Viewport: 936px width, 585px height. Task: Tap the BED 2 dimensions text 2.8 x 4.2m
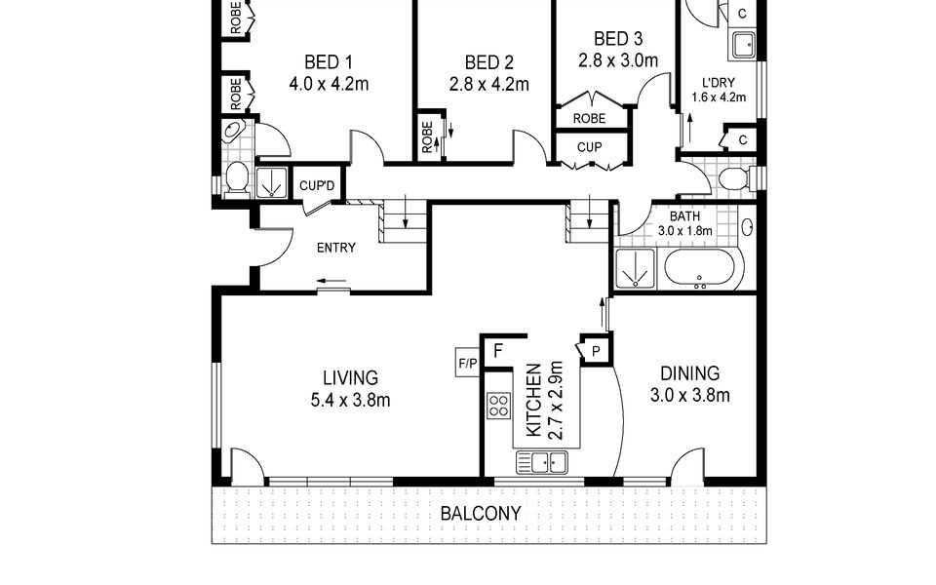coord(488,84)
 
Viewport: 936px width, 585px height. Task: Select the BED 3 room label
coord(618,39)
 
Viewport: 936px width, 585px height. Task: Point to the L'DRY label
coord(718,83)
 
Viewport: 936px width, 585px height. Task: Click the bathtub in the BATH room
coord(703,268)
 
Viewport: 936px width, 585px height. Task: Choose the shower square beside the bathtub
coord(638,268)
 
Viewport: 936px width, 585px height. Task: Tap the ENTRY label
coord(335,247)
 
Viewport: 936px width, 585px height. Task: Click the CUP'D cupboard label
coord(317,185)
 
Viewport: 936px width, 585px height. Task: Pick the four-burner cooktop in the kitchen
coord(498,406)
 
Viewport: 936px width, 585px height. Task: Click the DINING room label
coord(689,373)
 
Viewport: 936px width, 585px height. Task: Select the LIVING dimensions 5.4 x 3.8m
coord(351,400)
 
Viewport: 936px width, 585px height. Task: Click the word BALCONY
coord(480,513)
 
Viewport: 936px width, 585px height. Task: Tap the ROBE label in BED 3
coord(589,118)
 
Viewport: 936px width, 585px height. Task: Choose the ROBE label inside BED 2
coord(427,137)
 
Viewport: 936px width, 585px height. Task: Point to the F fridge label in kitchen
coord(496,350)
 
